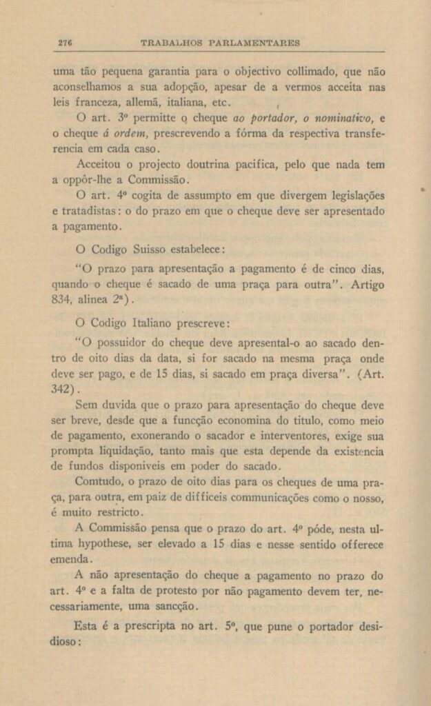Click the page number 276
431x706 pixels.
(x=66, y=42)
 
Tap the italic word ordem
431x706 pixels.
(x=133, y=133)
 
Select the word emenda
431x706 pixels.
(x=72, y=559)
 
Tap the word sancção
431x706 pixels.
(x=177, y=606)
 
